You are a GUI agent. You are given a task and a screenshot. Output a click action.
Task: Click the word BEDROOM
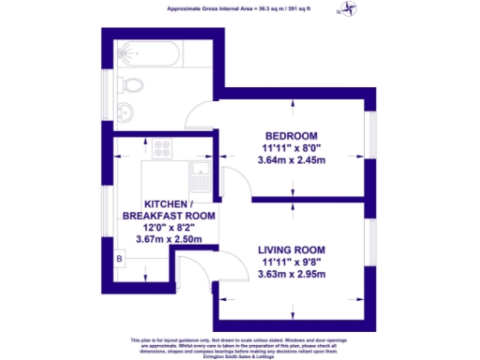point(291,134)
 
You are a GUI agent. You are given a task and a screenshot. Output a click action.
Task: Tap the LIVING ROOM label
point(291,249)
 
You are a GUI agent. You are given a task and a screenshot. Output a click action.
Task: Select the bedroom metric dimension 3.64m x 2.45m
point(291,160)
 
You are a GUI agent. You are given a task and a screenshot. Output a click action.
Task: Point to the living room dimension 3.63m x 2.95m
point(291,275)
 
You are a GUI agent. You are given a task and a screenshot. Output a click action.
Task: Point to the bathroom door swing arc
point(202,118)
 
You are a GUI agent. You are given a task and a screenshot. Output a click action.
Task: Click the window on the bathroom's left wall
point(104,88)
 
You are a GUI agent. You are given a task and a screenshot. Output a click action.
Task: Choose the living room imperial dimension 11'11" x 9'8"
point(291,262)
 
